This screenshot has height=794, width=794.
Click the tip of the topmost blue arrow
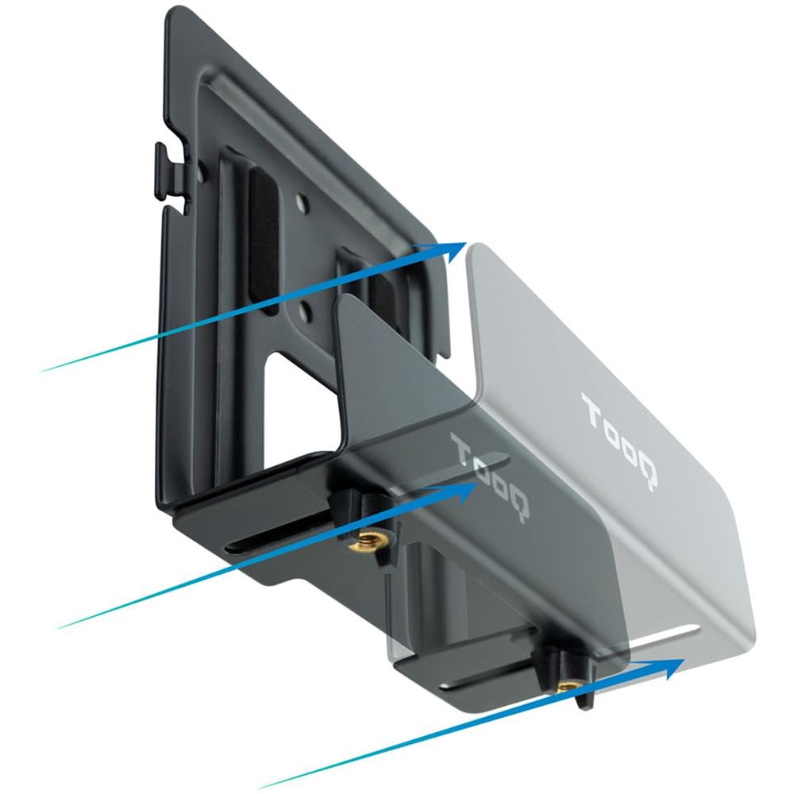pos(466,242)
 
